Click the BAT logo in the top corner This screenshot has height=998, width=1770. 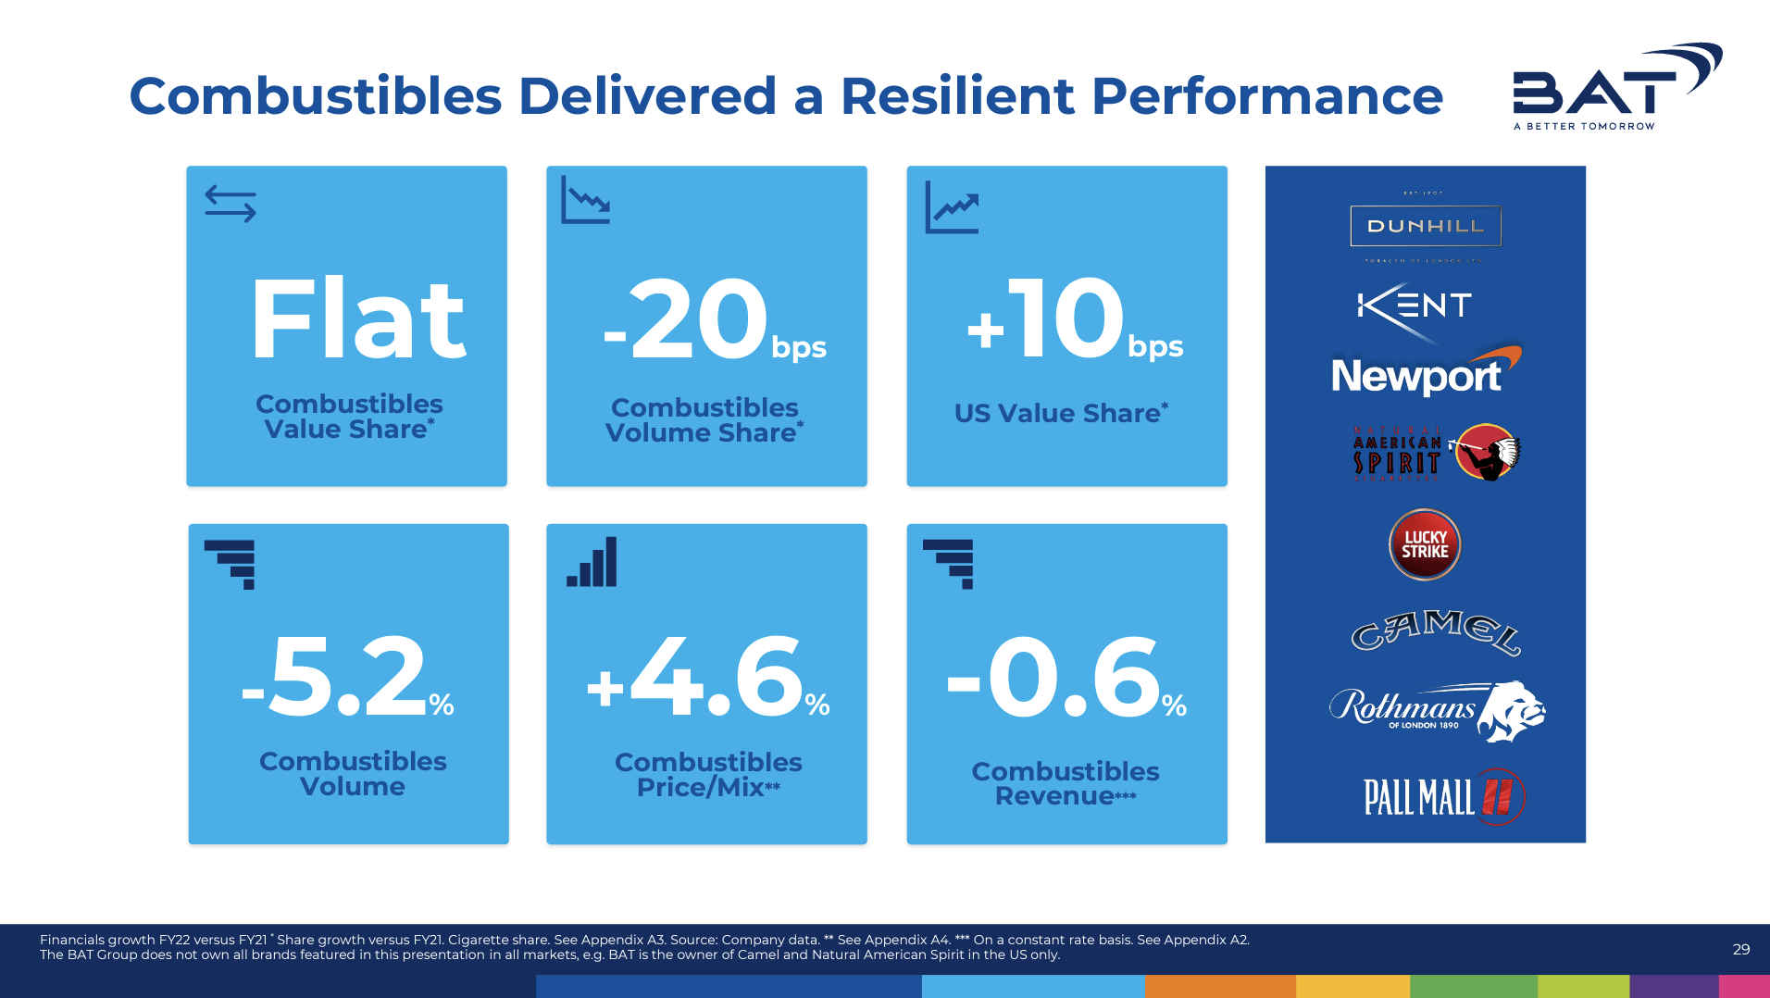tap(1615, 86)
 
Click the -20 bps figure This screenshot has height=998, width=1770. tap(713, 320)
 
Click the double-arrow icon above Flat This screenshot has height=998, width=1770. tap(231, 204)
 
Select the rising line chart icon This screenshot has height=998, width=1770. tap(952, 207)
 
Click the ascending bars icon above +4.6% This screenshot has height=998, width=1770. tap(592, 562)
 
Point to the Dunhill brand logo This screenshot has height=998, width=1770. tap(1426, 226)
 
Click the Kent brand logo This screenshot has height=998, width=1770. tap(1414, 306)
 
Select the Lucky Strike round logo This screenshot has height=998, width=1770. tap(1425, 544)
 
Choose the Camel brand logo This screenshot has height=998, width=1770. tap(1434, 631)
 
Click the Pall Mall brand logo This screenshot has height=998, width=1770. tap(1442, 796)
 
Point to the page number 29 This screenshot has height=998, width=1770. tap(1740, 949)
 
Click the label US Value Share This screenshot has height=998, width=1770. tap(1061, 413)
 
